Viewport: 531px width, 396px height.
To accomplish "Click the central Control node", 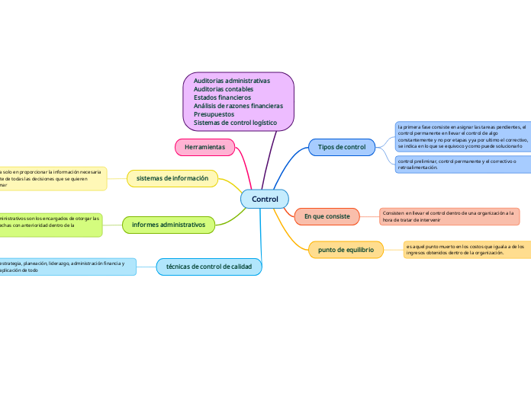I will [265, 199].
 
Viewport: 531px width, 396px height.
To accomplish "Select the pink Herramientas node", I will [204, 145].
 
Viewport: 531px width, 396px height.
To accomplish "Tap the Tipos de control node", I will [341, 146].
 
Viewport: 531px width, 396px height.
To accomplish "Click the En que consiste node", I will [327, 216].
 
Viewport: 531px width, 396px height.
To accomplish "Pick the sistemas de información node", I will [172, 178].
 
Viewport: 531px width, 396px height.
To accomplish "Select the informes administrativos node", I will [169, 224].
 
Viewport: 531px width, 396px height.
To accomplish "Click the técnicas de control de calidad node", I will [209, 266].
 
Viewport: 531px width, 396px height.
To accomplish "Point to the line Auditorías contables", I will [224, 89].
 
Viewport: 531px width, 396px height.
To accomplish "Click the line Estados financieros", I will [222, 97].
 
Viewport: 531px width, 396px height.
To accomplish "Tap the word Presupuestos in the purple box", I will [214, 114].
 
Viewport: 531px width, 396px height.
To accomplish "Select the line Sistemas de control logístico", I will [235, 123].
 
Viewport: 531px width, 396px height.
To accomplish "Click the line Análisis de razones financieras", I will [238, 106].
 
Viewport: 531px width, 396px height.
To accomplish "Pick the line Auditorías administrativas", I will [232, 81].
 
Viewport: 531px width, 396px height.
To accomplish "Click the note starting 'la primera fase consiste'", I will [462, 136].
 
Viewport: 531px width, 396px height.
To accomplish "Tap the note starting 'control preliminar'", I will [462, 164].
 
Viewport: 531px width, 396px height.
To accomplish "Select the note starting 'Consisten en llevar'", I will [449, 216].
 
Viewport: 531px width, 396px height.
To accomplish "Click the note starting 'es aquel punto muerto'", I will [466, 249].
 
